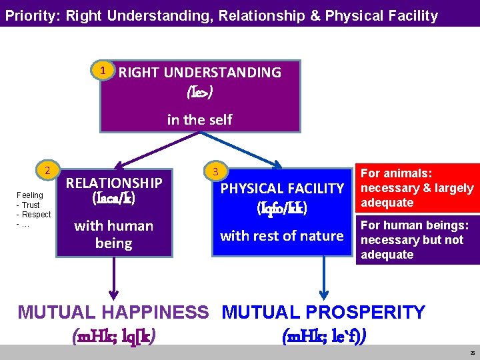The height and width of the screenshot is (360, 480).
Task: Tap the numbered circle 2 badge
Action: coord(47,170)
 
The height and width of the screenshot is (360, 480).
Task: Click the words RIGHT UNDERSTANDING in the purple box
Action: coord(199,72)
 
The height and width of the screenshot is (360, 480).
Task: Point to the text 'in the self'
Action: coord(199,119)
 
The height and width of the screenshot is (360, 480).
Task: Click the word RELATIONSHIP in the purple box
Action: coord(113,183)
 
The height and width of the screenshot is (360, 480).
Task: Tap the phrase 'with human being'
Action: coord(113,234)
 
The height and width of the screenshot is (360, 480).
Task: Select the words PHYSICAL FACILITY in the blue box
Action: coord(282,189)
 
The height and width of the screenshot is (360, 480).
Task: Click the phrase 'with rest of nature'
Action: coord(282,235)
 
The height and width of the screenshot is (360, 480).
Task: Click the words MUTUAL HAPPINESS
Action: coord(113,312)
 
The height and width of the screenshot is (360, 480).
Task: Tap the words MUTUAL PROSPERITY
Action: coord(323,312)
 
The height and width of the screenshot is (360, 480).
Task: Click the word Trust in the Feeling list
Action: coord(31,205)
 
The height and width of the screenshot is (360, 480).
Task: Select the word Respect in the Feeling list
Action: coord(36,215)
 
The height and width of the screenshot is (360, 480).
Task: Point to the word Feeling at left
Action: coord(30,195)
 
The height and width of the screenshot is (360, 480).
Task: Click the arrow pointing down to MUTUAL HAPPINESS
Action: coord(114,280)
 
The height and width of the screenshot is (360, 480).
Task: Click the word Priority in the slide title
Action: coord(31,15)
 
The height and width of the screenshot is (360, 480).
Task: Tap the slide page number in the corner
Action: coord(471,352)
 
